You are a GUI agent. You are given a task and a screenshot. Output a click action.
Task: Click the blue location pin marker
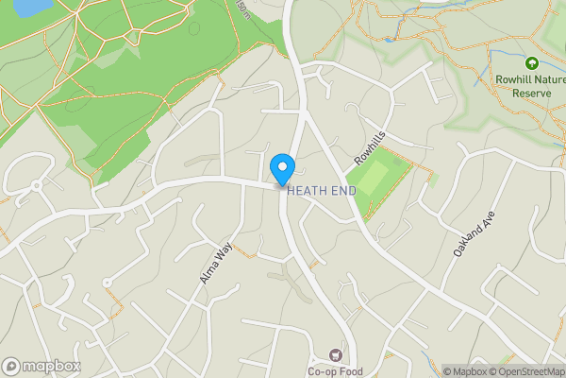click(x=281, y=168)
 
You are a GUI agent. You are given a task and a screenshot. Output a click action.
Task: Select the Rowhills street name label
click(x=371, y=146)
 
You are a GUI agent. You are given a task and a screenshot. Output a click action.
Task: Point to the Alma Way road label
click(x=216, y=262)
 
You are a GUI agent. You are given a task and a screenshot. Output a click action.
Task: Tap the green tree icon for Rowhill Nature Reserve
click(x=531, y=63)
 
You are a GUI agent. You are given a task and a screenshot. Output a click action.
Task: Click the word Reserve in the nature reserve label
click(x=531, y=94)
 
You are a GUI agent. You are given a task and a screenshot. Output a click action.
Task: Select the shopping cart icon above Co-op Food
click(x=334, y=355)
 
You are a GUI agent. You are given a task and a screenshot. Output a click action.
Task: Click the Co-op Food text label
click(x=334, y=371)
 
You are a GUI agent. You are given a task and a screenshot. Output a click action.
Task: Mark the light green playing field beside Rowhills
click(x=375, y=177)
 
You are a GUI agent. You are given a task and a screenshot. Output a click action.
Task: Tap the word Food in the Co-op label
click(x=348, y=371)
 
